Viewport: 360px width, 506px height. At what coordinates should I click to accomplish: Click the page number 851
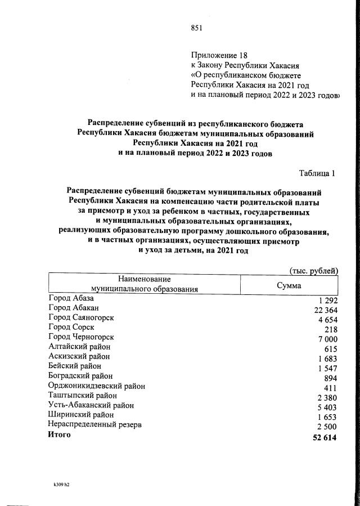point(196,29)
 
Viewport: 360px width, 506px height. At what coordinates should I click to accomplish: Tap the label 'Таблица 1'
point(316,173)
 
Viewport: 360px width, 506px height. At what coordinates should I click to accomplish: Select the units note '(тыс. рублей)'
point(313,270)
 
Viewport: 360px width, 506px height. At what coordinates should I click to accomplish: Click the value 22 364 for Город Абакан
point(325,310)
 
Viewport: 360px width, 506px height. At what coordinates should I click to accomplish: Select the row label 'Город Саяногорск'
point(82,317)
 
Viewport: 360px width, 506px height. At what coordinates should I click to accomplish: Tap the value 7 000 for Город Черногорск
point(327,339)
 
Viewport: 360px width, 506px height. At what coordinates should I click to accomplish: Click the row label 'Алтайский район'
point(80,347)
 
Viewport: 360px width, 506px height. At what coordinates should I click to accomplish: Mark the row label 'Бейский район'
point(75,366)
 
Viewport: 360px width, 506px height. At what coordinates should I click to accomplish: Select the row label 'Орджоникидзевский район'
point(97,386)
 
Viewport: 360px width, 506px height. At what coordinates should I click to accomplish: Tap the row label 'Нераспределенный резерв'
point(95,424)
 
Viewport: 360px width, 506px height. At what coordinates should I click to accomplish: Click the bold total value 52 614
point(325,437)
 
